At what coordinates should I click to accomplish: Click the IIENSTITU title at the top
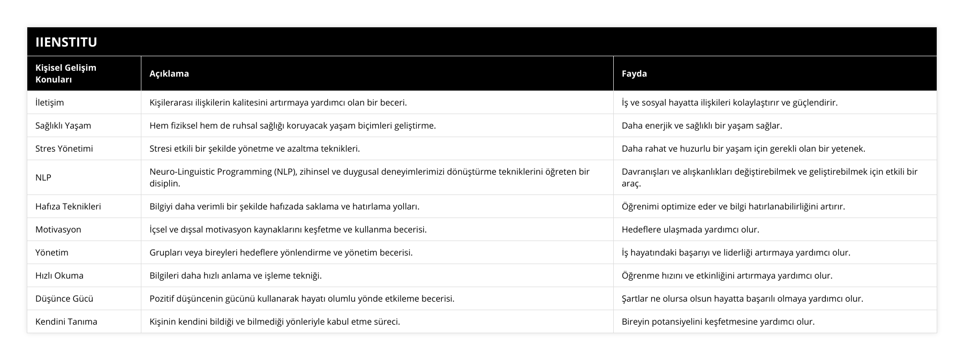66,42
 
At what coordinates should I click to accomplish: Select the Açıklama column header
169,73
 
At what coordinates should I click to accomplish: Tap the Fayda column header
634,73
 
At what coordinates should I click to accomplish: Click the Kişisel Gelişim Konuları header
65,73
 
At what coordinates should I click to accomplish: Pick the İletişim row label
49,102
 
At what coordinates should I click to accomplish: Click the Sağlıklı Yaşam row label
63,125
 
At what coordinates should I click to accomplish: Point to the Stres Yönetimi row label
64,148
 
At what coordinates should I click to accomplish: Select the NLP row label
43,177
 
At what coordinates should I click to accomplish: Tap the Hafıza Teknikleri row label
68,206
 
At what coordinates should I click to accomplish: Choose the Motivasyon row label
58,229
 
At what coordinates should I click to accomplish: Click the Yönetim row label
51,252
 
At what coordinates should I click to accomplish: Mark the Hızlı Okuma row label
59,275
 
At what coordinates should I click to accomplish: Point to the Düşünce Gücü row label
60,298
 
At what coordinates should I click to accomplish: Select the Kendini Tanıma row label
66,321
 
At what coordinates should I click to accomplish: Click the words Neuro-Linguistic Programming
210,171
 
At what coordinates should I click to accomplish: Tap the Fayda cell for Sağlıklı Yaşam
702,125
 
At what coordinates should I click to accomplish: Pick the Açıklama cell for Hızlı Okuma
236,275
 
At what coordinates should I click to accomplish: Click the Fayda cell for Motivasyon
690,229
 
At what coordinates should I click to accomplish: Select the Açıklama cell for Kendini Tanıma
274,321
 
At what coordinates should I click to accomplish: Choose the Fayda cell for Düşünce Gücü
742,298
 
